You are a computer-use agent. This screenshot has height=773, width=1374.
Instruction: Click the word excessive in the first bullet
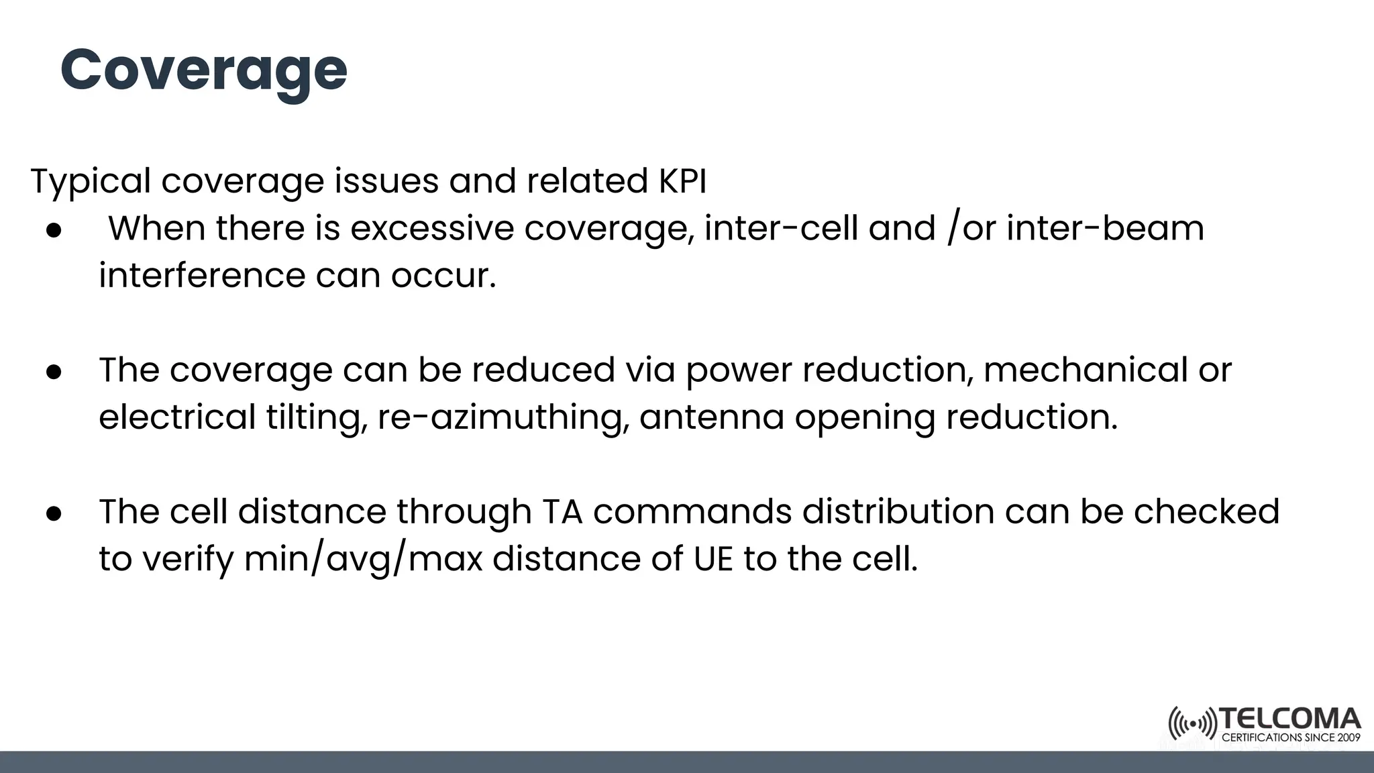(431, 228)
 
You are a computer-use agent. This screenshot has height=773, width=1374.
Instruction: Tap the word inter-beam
(1105, 228)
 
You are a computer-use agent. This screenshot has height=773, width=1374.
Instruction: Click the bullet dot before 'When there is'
(54, 230)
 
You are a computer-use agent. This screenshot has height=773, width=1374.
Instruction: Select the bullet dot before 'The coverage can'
(54, 372)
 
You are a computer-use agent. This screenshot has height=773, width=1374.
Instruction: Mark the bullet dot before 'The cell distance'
(54, 513)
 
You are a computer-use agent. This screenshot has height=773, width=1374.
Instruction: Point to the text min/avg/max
(363, 559)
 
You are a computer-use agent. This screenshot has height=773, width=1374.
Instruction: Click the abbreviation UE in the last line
(714, 559)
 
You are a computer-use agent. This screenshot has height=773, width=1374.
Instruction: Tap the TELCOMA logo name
(1289, 719)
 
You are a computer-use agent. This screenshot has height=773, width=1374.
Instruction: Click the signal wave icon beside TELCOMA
(1192, 724)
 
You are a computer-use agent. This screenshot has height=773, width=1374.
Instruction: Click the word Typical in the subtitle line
(91, 181)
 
